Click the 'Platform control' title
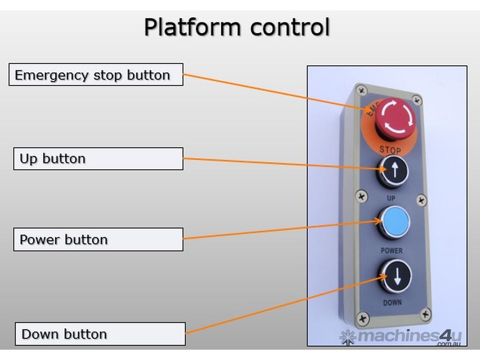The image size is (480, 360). (x=237, y=27)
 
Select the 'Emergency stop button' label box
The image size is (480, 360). (x=96, y=75)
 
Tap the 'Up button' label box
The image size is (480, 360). (x=98, y=158)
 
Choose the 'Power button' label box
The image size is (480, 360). (x=98, y=240)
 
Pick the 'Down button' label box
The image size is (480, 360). (x=100, y=334)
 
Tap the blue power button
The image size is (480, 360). (x=394, y=222)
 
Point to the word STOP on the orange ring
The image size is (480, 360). (x=390, y=150)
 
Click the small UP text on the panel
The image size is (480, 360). (x=391, y=198)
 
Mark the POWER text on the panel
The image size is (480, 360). (x=391, y=251)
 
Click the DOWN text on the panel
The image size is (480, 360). (x=392, y=302)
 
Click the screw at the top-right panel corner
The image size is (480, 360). (x=417, y=100)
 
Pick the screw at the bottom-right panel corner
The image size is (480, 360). (x=425, y=314)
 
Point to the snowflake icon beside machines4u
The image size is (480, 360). (x=348, y=337)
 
